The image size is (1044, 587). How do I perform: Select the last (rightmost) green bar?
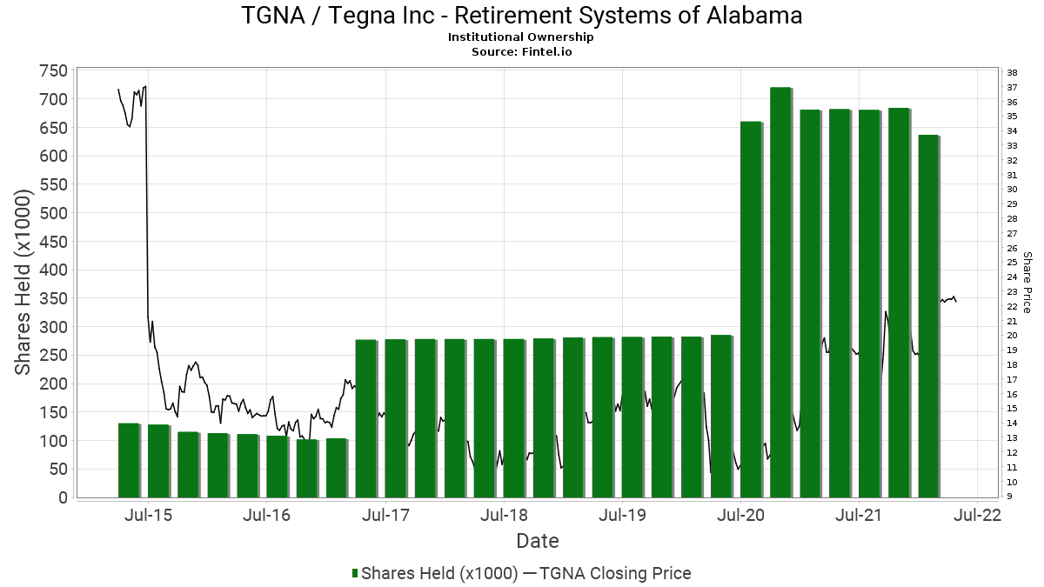(928, 317)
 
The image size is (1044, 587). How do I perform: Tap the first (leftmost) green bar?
(129, 460)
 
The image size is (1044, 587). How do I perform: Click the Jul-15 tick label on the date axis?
(148, 515)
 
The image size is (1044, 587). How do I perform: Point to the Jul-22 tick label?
(978, 515)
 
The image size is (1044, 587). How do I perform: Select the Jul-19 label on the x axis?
(622, 515)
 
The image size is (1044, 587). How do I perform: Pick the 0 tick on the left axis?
(63, 497)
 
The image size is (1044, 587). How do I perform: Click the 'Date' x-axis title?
(538, 541)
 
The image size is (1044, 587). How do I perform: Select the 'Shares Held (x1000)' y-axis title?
(25, 284)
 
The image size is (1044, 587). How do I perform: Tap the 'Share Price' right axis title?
(1027, 283)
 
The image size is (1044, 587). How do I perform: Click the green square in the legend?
(355, 573)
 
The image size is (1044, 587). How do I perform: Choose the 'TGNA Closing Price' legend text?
(615, 573)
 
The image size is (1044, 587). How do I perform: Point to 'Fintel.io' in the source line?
(545, 51)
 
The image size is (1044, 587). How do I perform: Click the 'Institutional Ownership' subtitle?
(521, 37)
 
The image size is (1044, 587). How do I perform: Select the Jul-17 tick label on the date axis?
(385, 515)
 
